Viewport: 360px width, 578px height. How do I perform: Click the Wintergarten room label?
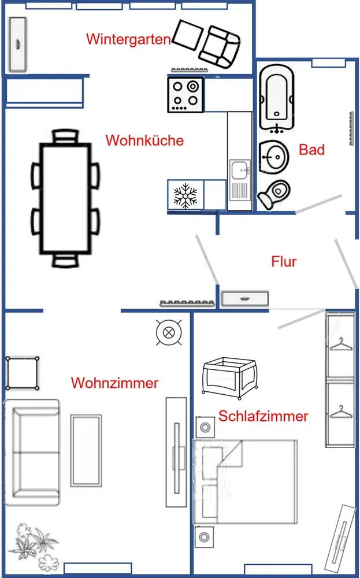[x=128, y=39]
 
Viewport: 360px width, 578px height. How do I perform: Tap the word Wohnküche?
[x=144, y=140]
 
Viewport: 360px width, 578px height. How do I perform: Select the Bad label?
[x=311, y=150]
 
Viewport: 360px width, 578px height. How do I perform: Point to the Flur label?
[x=284, y=262]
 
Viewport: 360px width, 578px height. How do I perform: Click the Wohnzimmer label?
[x=114, y=383]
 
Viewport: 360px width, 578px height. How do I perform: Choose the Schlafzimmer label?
[x=263, y=416]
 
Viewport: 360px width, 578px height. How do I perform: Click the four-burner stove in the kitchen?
[x=185, y=94]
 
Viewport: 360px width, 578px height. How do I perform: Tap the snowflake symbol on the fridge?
[x=185, y=196]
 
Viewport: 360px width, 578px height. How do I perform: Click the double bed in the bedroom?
[x=246, y=481]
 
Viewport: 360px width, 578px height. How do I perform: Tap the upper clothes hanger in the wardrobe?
[x=341, y=346]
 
